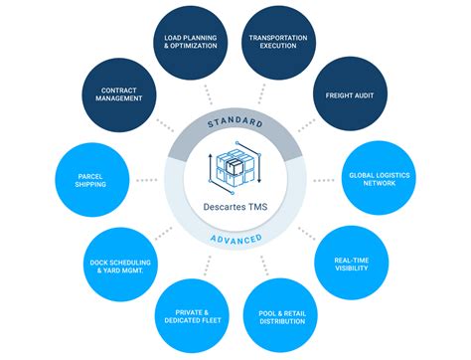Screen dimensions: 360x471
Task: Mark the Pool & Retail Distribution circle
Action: (x=281, y=317)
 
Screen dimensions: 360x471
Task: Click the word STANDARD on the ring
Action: (x=235, y=122)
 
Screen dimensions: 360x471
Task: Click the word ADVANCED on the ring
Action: (x=235, y=240)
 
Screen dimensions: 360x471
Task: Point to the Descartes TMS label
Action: (x=235, y=207)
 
